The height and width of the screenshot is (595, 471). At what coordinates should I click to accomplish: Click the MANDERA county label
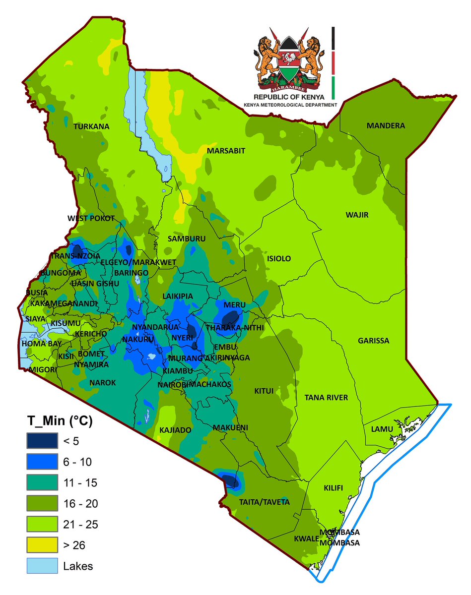pyautogui.click(x=386, y=126)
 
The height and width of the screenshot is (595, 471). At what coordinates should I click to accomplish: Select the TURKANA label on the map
pyautogui.click(x=91, y=127)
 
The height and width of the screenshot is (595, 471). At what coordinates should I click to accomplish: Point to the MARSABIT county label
pyautogui.click(x=226, y=151)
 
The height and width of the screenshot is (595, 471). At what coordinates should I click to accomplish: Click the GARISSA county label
pyautogui.click(x=373, y=341)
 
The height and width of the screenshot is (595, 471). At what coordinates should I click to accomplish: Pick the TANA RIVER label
pyautogui.click(x=326, y=398)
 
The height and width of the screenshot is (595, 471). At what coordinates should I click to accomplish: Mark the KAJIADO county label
pyautogui.click(x=175, y=430)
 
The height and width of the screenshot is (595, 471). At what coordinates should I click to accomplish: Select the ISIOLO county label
pyautogui.click(x=279, y=259)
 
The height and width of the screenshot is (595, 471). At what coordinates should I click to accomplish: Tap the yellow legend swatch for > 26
pyautogui.click(x=42, y=545)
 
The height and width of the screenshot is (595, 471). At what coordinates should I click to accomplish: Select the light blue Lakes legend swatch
pyautogui.click(x=42, y=566)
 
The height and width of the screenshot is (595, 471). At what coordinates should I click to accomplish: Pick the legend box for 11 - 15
pyautogui.click(x=42, y=482)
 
